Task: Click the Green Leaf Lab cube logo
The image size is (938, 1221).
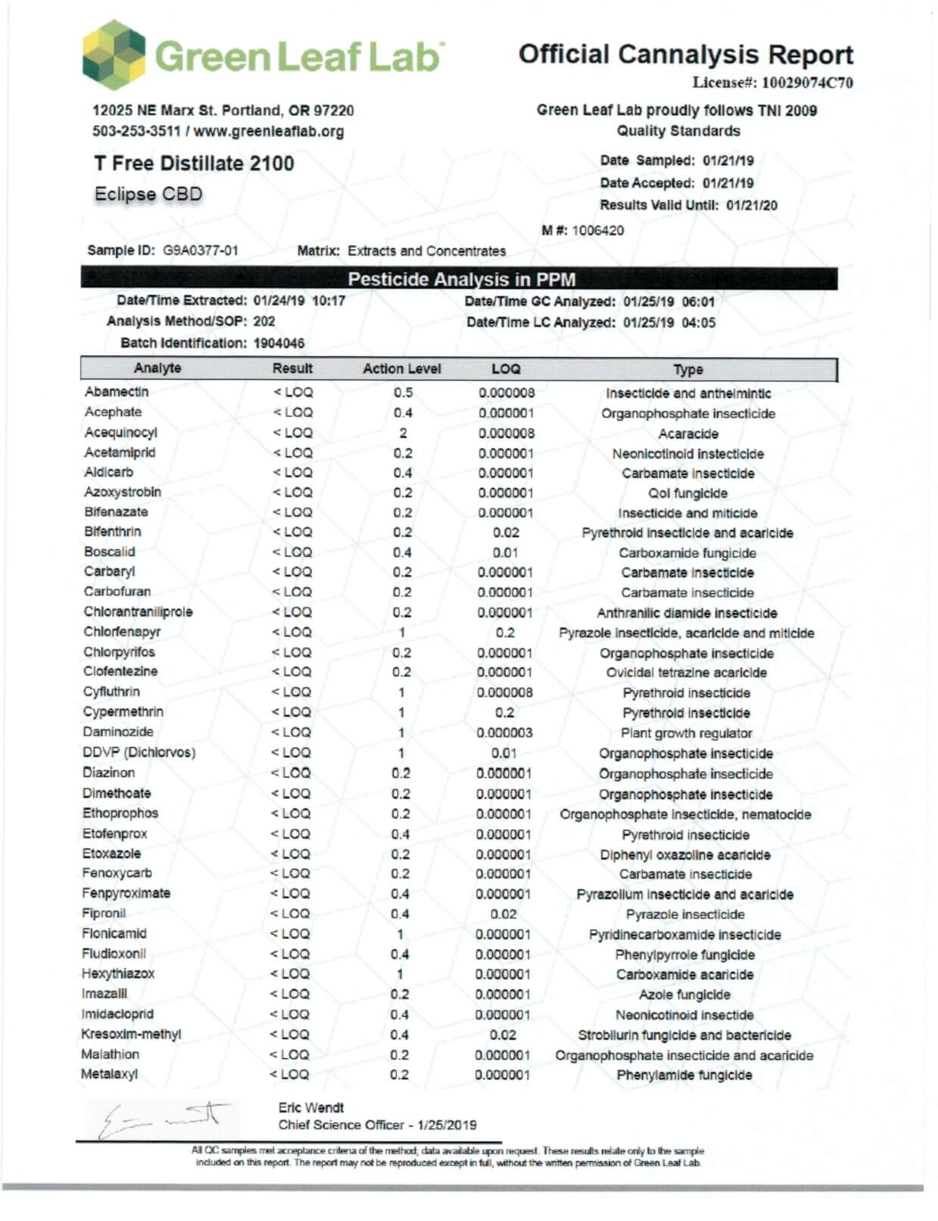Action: (114, 55)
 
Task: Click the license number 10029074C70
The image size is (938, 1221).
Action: (807, 82)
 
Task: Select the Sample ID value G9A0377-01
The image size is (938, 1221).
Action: (201, 250)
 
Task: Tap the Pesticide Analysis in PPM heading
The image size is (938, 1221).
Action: (461, 279)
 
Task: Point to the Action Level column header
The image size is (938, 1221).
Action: (401, 369)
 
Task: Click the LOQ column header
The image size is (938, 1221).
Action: (506, 369)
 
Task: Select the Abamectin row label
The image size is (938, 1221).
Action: (117, 392)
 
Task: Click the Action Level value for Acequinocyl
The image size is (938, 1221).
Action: (403, 433)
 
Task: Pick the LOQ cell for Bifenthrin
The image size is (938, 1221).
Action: (506, 533)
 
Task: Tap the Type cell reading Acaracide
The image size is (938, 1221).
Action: (687, 434)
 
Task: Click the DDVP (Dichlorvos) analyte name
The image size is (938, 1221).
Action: (139, 753)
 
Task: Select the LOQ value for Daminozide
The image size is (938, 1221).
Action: (504, 733)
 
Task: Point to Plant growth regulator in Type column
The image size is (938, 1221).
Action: (686, 733)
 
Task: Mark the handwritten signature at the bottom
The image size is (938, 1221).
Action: (164, 1118)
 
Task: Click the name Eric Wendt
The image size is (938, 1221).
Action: (310, 1108)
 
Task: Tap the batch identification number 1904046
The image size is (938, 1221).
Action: (279, 343)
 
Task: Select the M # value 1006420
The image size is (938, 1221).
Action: (597, 231)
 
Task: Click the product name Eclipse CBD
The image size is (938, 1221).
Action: (148, 194)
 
